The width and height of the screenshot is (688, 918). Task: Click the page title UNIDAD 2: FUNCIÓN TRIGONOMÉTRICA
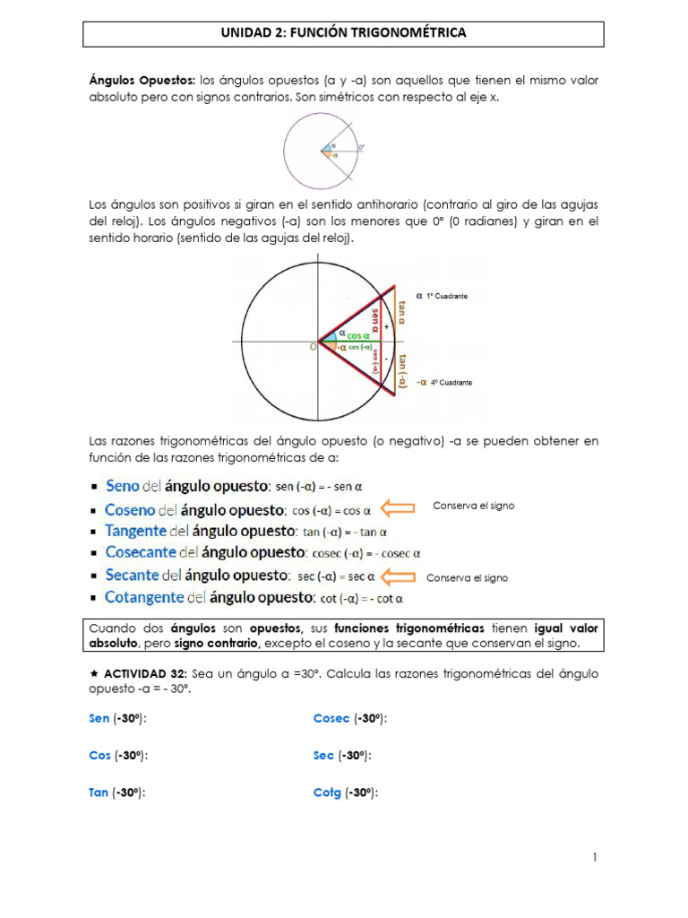tap(343, 33)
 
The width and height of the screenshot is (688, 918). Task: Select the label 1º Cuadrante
tap(446, 296)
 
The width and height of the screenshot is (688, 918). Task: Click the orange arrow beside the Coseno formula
tap(398, 509)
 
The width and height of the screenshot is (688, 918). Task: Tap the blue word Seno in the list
tap(123, 487)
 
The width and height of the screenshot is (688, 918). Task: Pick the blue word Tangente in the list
tap(135, 531)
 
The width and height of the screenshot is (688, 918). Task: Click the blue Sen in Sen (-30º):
tap(99, 719)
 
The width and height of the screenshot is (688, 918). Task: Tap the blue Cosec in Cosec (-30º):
tap(331, 719)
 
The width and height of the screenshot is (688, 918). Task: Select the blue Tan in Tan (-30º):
tap(99, 792)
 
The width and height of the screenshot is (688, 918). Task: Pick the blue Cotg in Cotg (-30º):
tap(327, 792)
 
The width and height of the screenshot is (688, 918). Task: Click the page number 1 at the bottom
tap(594, 858)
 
